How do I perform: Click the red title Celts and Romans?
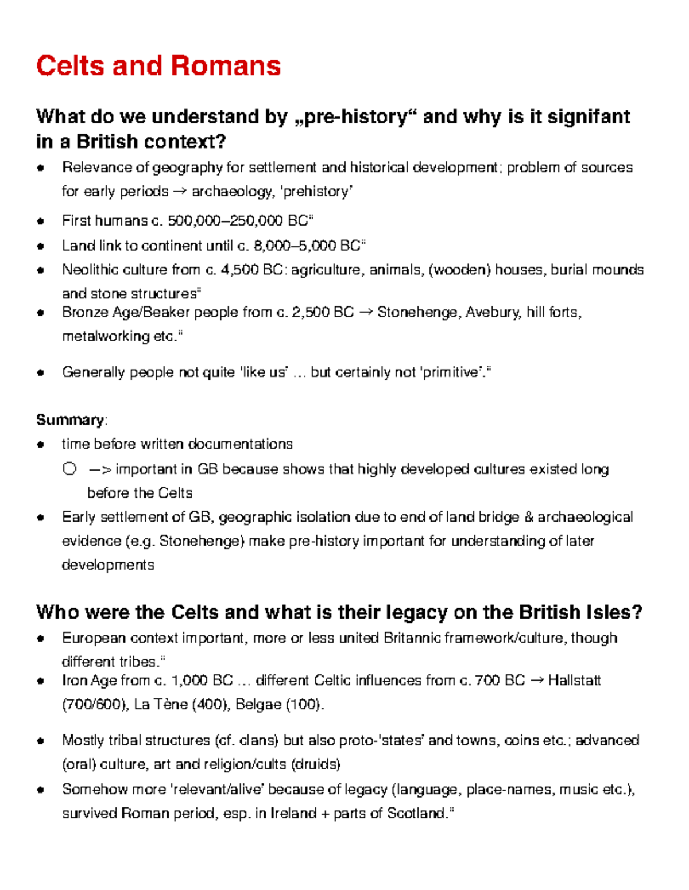(158, 65)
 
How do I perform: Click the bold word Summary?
(69, 420)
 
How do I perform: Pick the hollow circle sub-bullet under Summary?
(69, 469)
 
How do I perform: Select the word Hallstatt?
(574, 681)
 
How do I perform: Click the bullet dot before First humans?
(40, 221)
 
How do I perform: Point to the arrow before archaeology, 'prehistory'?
(180, 191)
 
